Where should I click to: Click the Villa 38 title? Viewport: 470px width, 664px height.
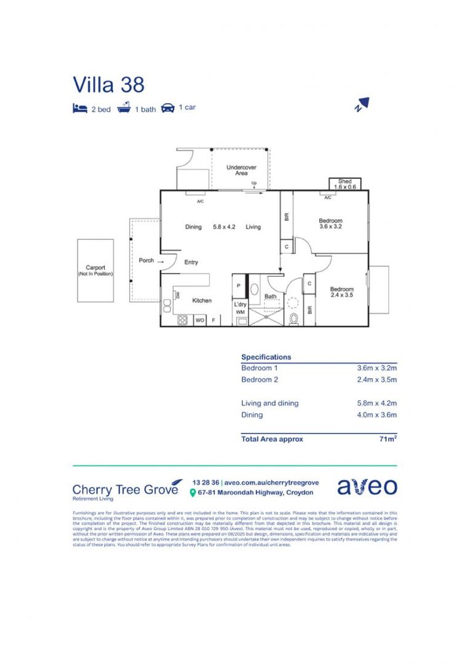point(109,84)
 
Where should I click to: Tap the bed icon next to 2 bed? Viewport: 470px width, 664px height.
point(79,109)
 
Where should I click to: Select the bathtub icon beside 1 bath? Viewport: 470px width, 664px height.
point(124,108)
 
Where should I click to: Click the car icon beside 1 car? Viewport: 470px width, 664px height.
point(167,108)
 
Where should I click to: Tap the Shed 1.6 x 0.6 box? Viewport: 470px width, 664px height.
point(345,184)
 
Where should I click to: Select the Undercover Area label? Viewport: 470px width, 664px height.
point(241,170)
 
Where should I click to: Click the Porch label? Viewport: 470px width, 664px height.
point(146,261)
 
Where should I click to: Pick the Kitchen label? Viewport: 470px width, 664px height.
point(202,301)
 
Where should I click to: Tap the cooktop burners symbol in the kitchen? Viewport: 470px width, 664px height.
point(182,320)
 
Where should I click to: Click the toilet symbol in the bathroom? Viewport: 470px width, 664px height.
point(293,318)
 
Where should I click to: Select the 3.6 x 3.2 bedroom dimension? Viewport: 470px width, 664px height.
point(330,227)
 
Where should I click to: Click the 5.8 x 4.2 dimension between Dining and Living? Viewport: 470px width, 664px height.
point(224,227)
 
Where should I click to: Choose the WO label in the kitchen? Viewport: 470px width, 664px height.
point(199,320)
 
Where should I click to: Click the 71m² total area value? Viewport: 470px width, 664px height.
point(388,439)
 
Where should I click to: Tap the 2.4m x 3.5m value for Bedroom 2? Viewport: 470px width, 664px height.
point(377,379)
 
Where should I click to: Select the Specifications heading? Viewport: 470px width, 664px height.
point(266,357)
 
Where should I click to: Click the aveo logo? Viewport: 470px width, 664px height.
point(367,486)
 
